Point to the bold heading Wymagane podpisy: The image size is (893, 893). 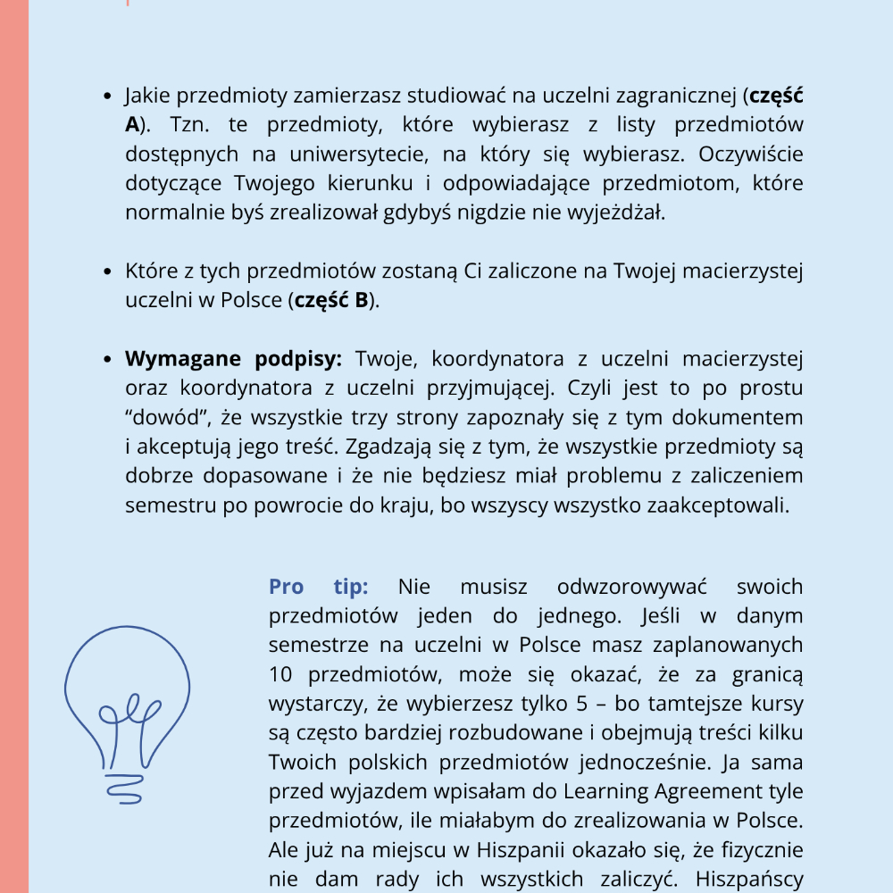233,359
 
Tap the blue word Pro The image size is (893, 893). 287,587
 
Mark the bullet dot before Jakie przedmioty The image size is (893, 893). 107,96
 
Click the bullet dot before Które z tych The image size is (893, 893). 107,271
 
